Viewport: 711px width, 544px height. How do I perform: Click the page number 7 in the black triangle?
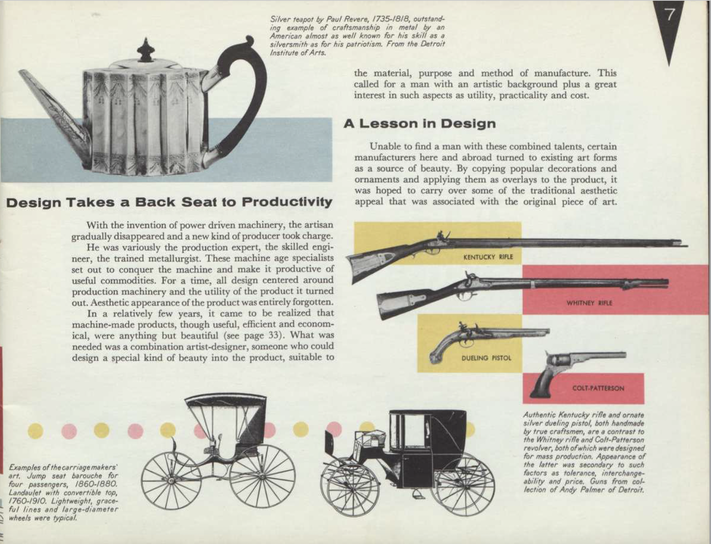pos(670,15)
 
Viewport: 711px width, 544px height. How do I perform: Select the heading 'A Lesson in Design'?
pos(419,124)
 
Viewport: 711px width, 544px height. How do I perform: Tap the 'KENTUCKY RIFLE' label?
pos(488,257)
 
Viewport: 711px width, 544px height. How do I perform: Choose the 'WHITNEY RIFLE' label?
pos(589,303)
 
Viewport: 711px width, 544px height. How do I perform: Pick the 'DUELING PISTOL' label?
pos(486,358)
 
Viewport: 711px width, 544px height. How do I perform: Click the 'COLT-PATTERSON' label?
pos(598,388)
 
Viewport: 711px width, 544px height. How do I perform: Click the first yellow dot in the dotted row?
pos(35,431)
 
